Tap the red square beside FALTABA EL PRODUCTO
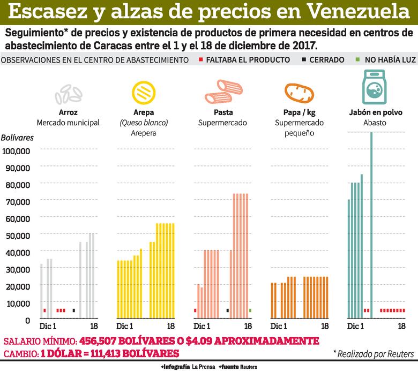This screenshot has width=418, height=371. [x=200, y=60]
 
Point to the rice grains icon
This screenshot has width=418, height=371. [x=68, y=94]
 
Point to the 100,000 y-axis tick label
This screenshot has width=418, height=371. [x=17, y=150]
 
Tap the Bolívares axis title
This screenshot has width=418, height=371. [x=17, y=138]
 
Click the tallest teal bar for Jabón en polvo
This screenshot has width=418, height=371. [x=371, y=225]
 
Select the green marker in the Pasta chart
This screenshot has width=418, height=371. [x=250, y=311]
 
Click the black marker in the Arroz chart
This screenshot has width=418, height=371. [x=74, y=311]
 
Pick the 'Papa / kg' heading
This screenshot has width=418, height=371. [x=298, y=113]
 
